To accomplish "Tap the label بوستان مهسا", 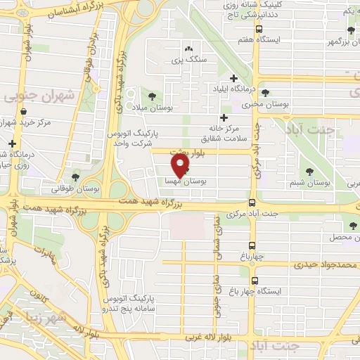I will click(x=185, y=181).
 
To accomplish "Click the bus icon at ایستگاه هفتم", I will click(x=259, y=30).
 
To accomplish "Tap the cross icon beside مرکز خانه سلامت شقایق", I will click(x=224, y=117).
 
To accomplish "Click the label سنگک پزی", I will click(x=188, y=60).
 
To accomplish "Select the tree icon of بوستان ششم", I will click(x=310, y=171).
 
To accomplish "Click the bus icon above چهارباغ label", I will click(x=252, y=246).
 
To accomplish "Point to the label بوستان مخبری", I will click(x=256, y=105).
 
